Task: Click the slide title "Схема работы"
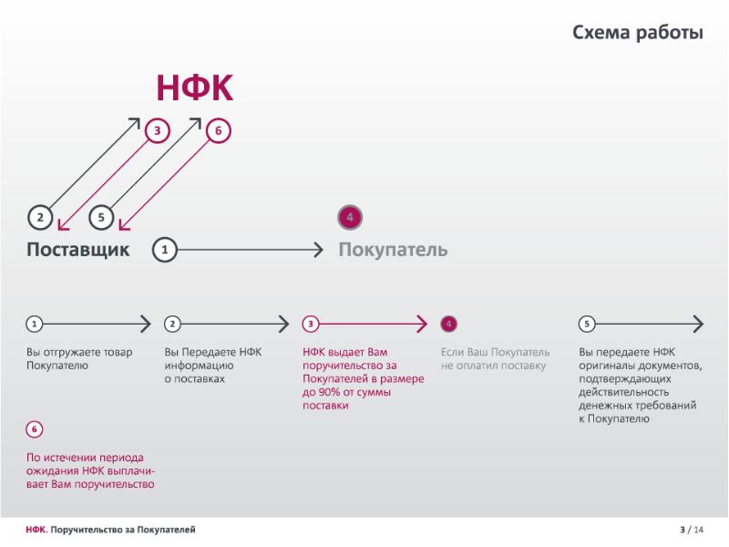click(x=637, y=34)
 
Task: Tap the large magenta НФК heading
click(x=195, y=88)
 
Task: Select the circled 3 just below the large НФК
click(x=158, y=131)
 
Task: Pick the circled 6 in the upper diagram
click(x=218, y=131)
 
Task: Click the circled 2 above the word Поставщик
click(x=40, y=217)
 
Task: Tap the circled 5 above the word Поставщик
click(x=101, y=217)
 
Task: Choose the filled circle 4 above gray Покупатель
click(x=350, y=217)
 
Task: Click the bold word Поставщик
click(x=78, y=250)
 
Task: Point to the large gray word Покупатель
click(x=393, y=250)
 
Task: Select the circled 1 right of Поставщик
click(x=164, y=249)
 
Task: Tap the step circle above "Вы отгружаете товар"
click(x=34, y=324)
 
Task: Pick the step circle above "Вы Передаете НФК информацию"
click(x=172, y=324)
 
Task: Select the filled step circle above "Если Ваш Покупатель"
click(x=447, y=324)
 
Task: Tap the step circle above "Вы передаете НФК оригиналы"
click(x=587, y=324)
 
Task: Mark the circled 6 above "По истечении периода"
click(x=35, y=428)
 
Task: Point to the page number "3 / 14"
click(x=692, y=530)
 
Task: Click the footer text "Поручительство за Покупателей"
click(x=123, y=530)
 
